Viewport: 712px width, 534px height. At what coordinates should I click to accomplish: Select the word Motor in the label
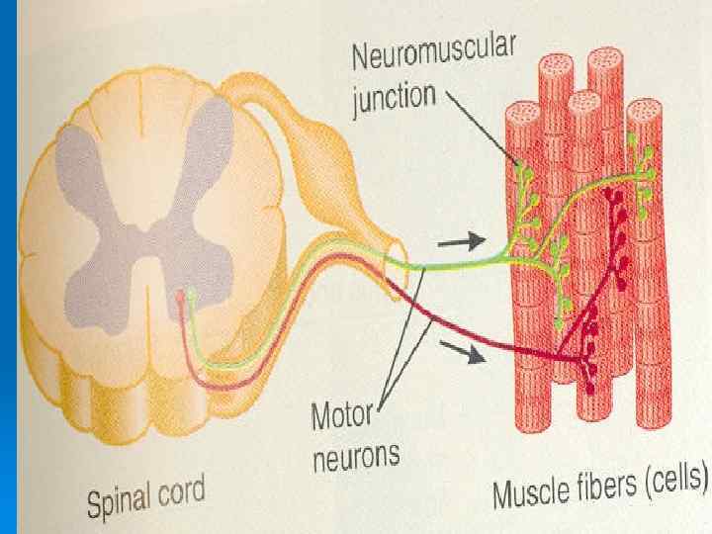(x=340, y=417)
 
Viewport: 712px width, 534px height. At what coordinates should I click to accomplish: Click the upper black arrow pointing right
(x=461, y=239)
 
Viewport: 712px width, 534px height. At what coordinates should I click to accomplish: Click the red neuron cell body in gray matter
(x=179, y=296)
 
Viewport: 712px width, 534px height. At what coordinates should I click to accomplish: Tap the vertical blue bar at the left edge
(x=8, y=267)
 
